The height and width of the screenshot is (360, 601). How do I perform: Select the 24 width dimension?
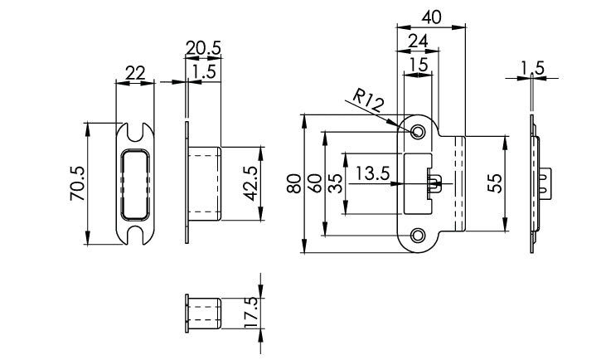point(419,41)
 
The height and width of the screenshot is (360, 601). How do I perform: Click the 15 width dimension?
point(418,64)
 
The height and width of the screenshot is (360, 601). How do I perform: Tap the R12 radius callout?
point(366,102)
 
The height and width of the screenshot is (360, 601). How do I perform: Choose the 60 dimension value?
point(315,182)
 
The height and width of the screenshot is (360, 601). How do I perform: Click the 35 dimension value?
point(335,182)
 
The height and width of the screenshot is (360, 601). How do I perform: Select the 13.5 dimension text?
point(372,174)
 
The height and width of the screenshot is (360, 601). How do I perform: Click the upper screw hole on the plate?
point(419,131)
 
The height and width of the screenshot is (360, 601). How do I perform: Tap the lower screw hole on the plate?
point(419,235)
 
